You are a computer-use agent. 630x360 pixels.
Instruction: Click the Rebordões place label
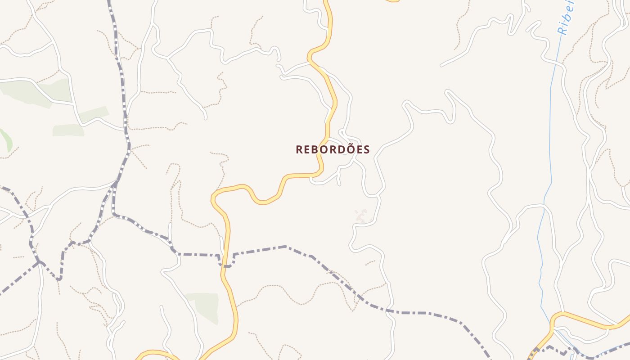tap(333, 149)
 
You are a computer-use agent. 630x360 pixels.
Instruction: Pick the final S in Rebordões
tap(366, 150)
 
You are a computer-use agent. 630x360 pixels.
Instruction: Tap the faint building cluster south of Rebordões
tap(361, 216)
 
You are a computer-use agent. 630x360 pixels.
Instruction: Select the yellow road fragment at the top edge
tap(393, 1)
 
